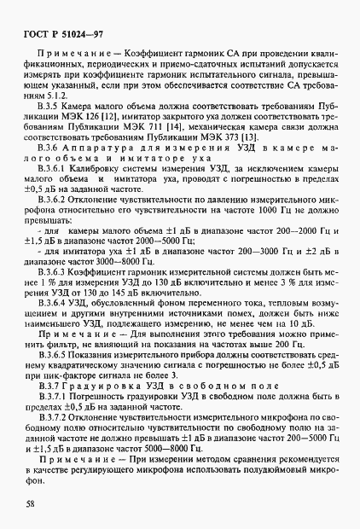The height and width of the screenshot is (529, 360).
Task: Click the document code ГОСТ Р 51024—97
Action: click(51, 35)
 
